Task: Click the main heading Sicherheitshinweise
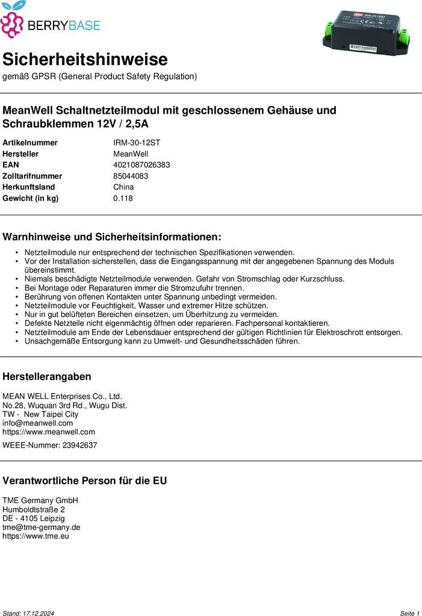(x=85, y=60)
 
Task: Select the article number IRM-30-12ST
(x=137, y=143)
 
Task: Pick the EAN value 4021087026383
(x=141, y=165)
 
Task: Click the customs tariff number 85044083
(x=131, y=176)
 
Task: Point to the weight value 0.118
(x=123, y=199)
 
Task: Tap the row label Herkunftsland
(x=29, y=187)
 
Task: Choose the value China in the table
(x=123, y=187)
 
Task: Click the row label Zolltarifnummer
(x=33, y=176)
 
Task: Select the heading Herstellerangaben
(x=47, y=377)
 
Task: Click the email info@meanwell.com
(x=37, y=423)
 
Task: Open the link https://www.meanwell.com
(x=49, y=431)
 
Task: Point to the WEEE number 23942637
(x=79, y=445)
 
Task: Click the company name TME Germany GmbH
(x=40, y=500)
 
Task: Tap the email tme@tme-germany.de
(x=42, y=527)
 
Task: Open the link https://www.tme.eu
(x=36, y=535)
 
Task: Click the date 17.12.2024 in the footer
(x=39, y=613)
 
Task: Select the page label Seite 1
(x=409, y=613)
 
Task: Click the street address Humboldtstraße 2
(x=34, y=510)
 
